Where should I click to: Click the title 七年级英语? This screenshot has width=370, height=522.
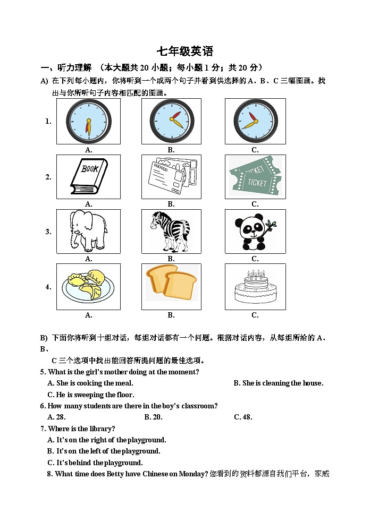point(184,52)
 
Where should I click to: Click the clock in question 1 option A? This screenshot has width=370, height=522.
point(88,121)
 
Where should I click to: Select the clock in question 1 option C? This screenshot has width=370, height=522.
point(255,121)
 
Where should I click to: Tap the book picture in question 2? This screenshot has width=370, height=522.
point(88,177)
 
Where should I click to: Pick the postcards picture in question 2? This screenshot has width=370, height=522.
point(171,177)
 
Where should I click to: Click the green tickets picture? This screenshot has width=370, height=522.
point(255,177)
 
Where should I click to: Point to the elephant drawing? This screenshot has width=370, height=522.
point(88,232)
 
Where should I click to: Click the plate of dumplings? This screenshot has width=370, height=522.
point(88,287)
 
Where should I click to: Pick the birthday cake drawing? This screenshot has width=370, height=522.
point(255,287)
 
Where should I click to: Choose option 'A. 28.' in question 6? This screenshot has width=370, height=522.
point(56,417)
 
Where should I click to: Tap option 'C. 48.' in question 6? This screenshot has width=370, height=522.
point(243,417)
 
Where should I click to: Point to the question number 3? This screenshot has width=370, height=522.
point(48,232)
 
